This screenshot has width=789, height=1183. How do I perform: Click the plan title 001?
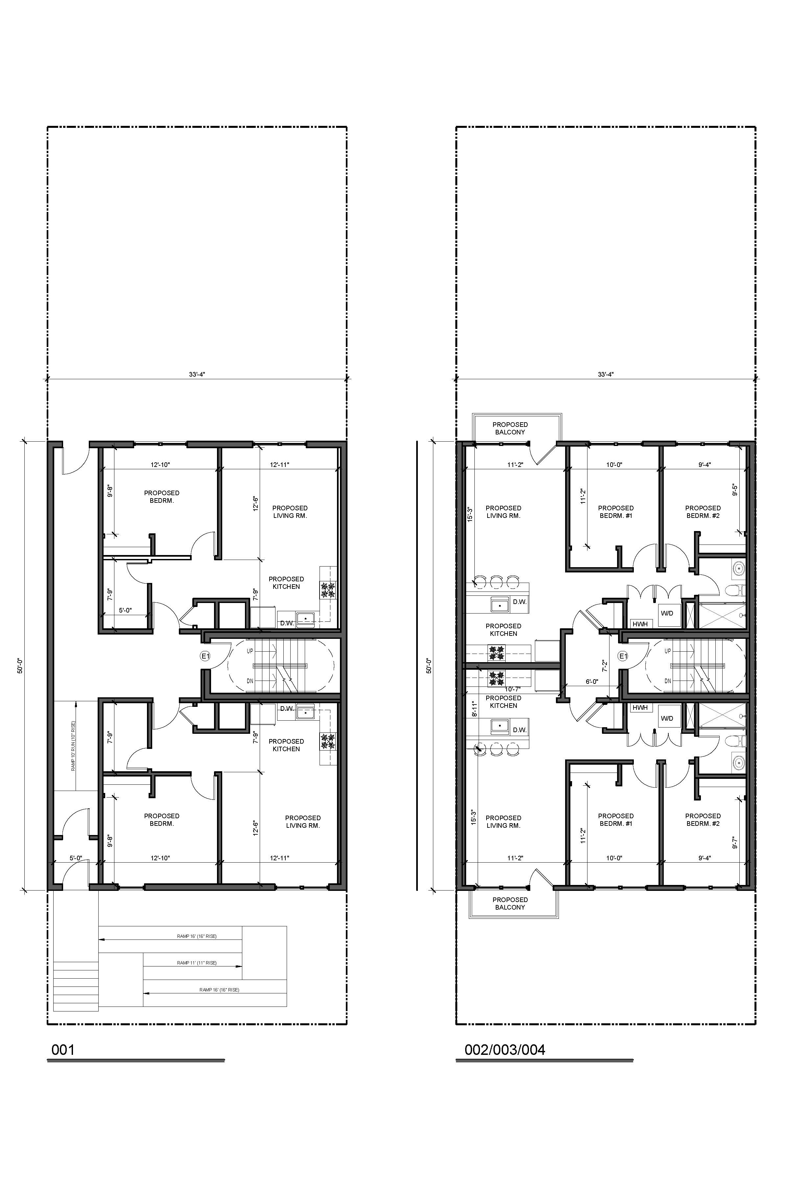(63, 1050)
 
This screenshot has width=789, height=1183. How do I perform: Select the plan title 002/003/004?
(505, 1050)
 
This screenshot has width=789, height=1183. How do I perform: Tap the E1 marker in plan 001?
(205, 656)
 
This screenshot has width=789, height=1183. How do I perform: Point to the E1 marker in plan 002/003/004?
(623, 656)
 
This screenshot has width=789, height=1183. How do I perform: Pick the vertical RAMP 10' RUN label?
(73, 747)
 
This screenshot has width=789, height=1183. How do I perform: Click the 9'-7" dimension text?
(735, 843)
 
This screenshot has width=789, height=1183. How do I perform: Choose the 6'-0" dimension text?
(592, 682)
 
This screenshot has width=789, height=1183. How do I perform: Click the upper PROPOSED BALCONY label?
(510, 428)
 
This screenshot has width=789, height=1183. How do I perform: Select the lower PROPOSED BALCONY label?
(510, 903)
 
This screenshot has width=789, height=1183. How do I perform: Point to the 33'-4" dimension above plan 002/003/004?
(606, 374)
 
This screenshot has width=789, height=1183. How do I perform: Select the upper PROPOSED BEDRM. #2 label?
(703, 512)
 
